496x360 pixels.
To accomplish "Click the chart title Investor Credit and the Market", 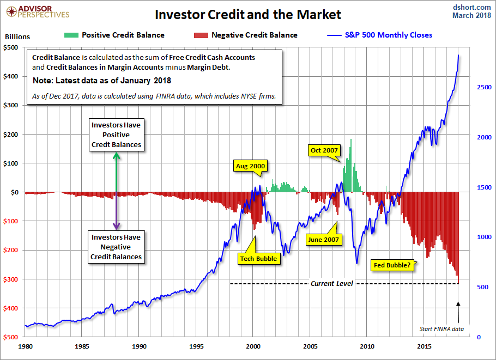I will click(248, 14).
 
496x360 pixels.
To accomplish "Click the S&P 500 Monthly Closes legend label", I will click(389, 35).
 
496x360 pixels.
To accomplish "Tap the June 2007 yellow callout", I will click(323, 239).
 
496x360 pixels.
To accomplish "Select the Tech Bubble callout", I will click(259, 259).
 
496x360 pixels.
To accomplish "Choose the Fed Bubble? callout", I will click(393, 265).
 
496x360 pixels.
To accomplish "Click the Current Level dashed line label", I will click(332, 284).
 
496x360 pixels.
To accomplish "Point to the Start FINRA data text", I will click(441, 329).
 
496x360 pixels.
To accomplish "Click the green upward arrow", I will click(116, 172).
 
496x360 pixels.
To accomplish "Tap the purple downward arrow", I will click(116, 210).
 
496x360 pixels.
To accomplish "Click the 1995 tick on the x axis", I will click(197, 346).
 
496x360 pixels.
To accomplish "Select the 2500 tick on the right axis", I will click(477, 87).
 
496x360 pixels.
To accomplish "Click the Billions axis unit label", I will click(17, 37).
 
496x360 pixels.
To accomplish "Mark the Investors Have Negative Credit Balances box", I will click(116, 247).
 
